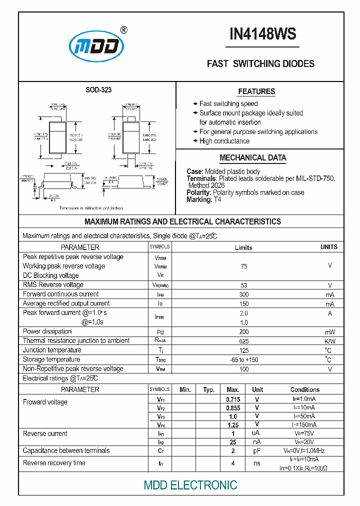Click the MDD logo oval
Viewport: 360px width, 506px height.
tap(96, 46)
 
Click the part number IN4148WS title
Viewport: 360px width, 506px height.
tap(262, 34)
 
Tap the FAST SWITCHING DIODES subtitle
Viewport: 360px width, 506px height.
tap(260, 64)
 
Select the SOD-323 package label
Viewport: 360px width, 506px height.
tap(98, 90)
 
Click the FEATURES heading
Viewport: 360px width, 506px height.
tap(256, 91)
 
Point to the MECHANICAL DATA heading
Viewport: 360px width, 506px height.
tap(253, 158)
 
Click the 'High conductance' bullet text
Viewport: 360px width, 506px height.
tap(224, 141)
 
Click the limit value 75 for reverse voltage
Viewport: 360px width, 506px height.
tap(244, 266)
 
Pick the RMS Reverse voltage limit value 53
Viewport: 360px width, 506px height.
tap(244, 285)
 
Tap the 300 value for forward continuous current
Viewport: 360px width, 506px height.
tap(244, 294)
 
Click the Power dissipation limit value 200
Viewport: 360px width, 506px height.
tap(244, 332)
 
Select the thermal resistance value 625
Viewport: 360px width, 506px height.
tap(244, 341)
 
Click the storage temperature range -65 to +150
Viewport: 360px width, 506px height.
tap(244, 360)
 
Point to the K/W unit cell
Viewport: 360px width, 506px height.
tap(329, 341)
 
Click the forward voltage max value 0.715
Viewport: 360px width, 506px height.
tap(233, 399)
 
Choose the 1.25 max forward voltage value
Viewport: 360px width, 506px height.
tap(233, 425)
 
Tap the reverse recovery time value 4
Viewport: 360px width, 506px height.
tap(233, 463)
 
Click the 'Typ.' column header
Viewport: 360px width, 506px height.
tap(209, 389)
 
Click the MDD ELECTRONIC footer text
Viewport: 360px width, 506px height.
tap(190, 485)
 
